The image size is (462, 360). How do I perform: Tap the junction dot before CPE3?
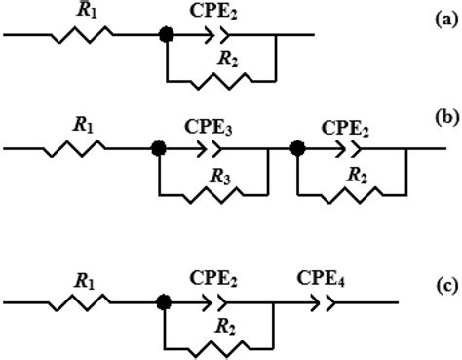(x=157, y=148)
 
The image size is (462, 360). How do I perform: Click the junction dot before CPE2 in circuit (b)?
(x=298, y=148)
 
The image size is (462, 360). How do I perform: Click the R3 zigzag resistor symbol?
(x=214, y=195)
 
